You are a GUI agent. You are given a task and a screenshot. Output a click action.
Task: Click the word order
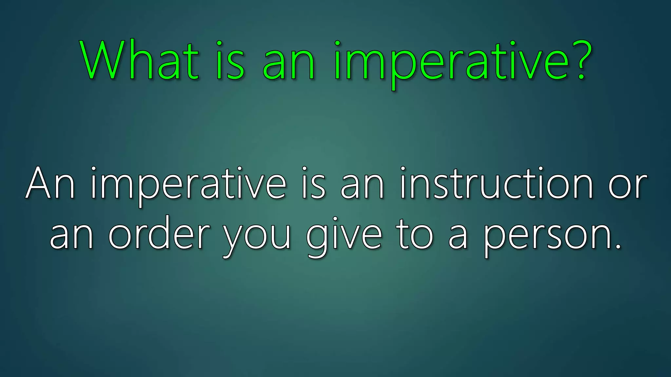pos(159,233)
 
